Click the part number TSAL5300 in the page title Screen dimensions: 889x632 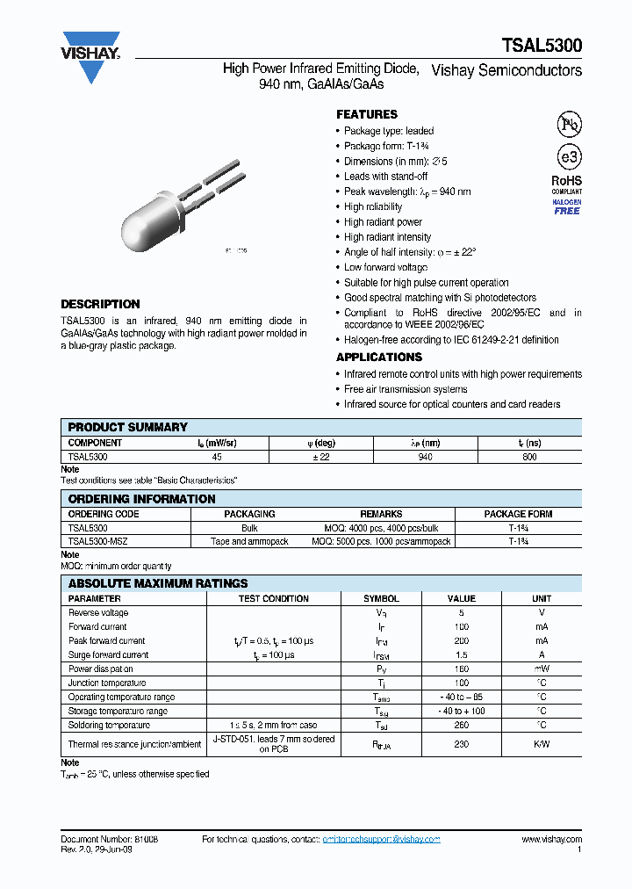pos(541,47)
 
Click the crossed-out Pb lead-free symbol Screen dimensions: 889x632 pos(570,124)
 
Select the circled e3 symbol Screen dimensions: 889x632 pos(569,157)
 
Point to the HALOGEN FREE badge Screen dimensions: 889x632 pos(566,206)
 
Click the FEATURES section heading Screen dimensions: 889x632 pos(367,114)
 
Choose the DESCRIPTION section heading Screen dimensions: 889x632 pos(100,304)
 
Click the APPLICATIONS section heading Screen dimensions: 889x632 pos(379,358)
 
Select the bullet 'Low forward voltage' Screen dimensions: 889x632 pos(385,267)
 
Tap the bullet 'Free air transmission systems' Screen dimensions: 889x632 pos(406,389)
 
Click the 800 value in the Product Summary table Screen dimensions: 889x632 pos(529,457)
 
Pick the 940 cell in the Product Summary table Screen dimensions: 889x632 pos(425,457)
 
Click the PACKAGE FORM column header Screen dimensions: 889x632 pos(518,514)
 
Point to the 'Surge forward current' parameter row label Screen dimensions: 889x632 pos(109,655)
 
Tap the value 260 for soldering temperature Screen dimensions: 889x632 pos(462,726)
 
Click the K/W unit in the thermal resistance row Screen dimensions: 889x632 pos(542,744)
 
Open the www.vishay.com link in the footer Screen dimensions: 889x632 pos(551,840)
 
